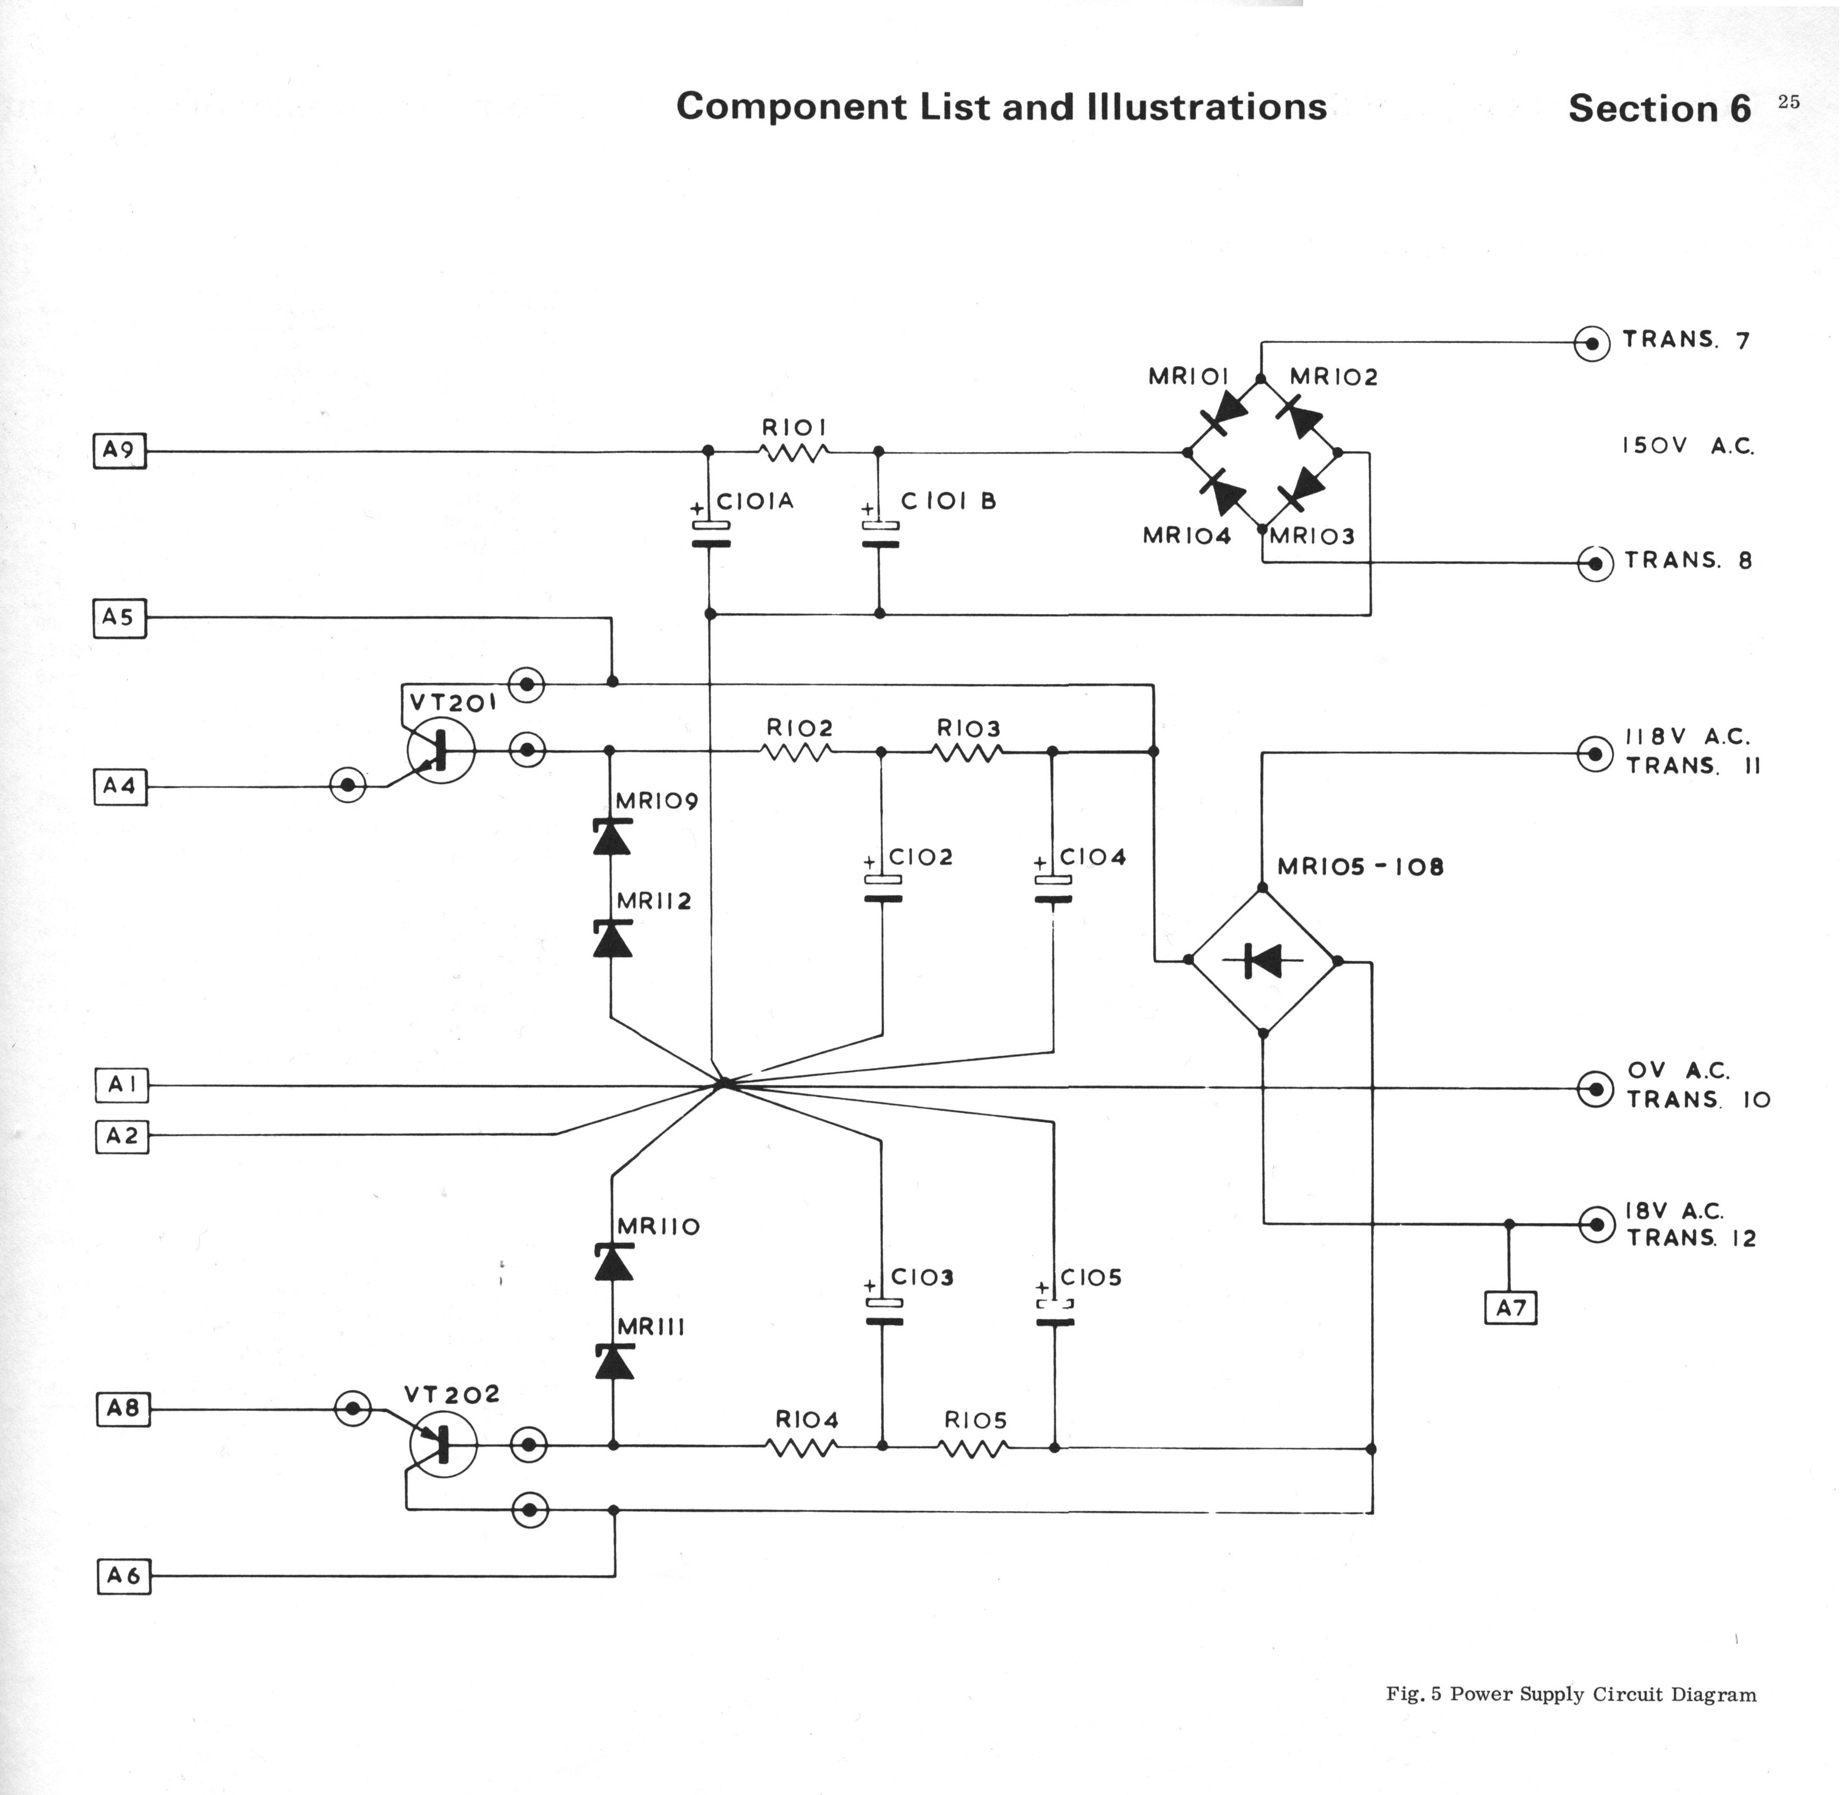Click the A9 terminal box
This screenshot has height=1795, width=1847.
pos(119,451)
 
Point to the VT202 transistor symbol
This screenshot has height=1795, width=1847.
pos(443,1444)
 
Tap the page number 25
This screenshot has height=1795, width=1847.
pos(1789,102)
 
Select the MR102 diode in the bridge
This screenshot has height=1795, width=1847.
pos(1301,416)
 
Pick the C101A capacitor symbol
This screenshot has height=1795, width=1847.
pos(711,534)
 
